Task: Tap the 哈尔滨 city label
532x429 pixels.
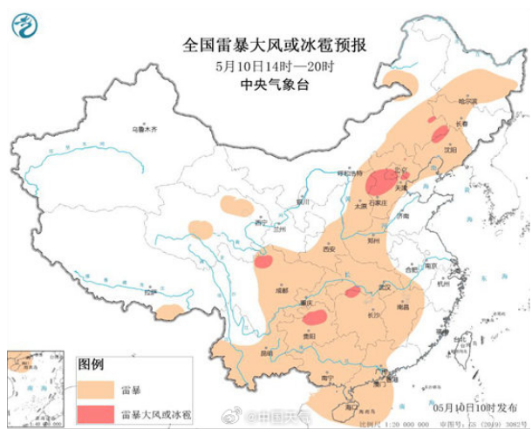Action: [445, 103]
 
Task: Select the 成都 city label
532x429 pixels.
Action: [281, 289]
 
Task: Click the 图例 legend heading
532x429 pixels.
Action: [92, 363]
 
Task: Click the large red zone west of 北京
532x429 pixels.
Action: [379, 182]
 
